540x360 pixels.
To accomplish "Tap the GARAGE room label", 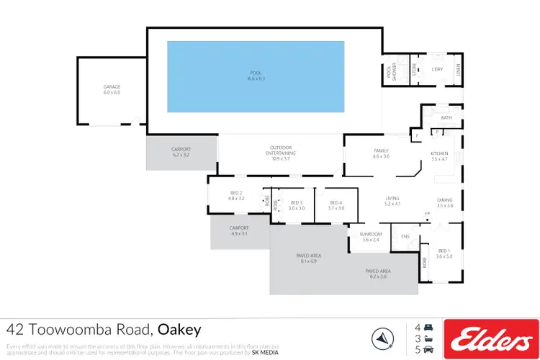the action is (112, 87).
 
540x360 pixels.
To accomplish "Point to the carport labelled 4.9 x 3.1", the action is (239, 228).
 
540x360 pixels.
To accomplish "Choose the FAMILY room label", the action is (381, 150).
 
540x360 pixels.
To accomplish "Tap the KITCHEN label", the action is (439, 153).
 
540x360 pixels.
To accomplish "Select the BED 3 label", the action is (297, 203).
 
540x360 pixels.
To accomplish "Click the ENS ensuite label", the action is (405, 235).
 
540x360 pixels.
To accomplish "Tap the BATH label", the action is (446, 117).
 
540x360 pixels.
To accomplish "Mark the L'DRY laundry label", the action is (437, 69).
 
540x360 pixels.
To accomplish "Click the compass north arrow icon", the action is (382, 337).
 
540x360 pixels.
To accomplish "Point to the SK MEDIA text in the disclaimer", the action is (264, 353).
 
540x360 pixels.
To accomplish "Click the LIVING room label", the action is (392, 199).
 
